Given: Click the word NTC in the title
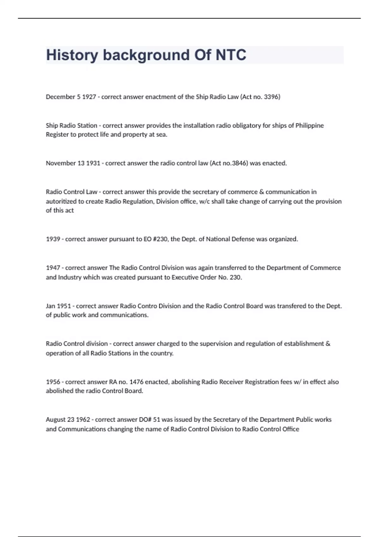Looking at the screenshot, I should click(x=231, y=55).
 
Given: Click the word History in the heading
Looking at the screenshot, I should click(x=72, y=55).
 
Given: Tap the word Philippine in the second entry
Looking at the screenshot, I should click(x=310, y=125).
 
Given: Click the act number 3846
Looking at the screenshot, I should click(x=240, y=163).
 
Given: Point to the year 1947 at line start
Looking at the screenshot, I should click(x=53, y=268).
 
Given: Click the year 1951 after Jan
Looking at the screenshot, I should click(x=64, y=306).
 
